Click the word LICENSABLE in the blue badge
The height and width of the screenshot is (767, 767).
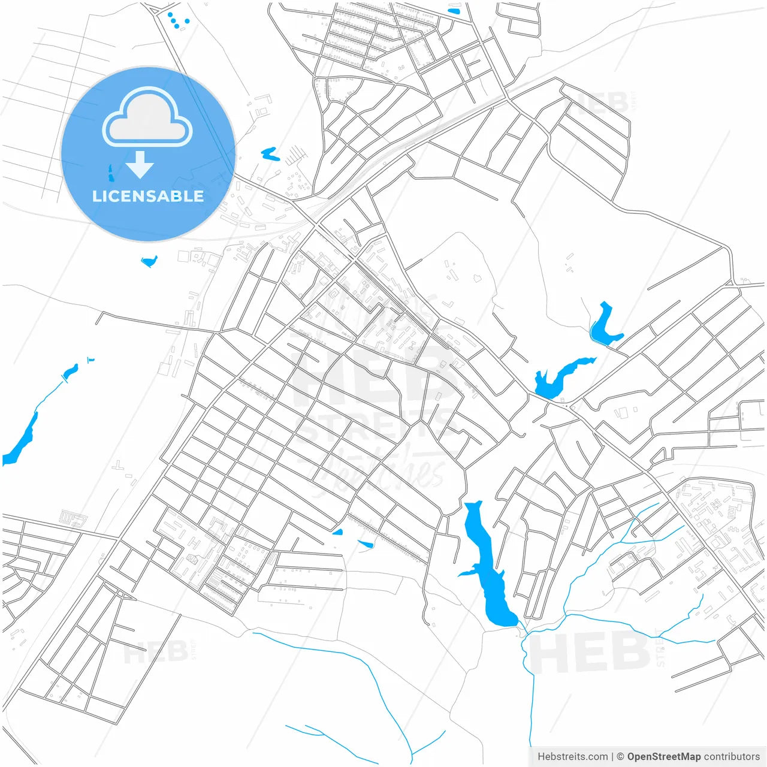point(148,196)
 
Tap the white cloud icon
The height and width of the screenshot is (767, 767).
point(147,117)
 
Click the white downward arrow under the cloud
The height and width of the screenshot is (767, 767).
point(140,165)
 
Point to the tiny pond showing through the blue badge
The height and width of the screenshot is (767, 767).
point(110,173)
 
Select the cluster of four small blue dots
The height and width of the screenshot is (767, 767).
point(177,20)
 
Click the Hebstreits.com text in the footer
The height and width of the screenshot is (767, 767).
point(572,756)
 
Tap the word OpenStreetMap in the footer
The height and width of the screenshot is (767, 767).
point(663,756)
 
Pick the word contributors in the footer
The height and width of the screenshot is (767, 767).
point(731,756)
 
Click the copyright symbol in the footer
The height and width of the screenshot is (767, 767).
point(620,756)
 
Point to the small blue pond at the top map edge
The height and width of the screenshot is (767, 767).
point(454,11)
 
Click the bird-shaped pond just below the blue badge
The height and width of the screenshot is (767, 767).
point(149,261)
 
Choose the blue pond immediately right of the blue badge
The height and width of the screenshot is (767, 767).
point(270,154)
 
